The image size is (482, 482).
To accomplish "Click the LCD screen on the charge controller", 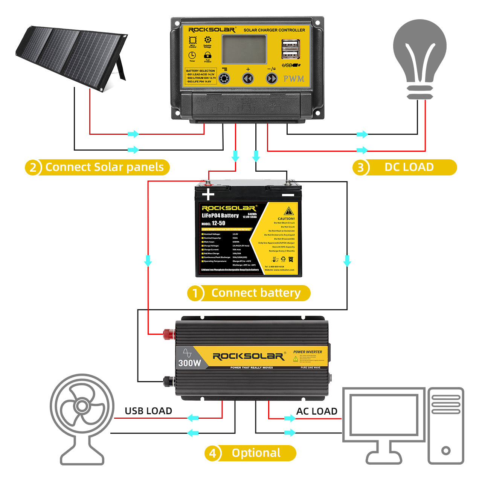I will [244, 49].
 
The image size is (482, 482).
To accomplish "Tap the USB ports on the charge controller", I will [291, 50].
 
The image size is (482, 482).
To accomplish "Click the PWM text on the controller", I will [294, 79].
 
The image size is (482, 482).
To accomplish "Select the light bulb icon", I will [419, 56].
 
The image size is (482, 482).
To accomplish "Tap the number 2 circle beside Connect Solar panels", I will [33, 167].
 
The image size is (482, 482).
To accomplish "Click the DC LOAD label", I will [409, 167].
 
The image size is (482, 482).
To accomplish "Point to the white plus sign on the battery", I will [208, 194].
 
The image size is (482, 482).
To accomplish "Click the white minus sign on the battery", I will [288, 195].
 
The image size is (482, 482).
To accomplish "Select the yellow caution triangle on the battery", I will [289, 211].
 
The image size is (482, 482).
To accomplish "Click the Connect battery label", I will [256, 293].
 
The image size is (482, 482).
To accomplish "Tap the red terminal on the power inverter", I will [168, 334].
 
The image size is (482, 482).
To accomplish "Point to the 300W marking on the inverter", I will [189, 363].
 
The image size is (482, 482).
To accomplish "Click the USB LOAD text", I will [148, 411].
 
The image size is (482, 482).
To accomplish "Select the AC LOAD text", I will [317, 411].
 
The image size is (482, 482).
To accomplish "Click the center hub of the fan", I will [82, 406].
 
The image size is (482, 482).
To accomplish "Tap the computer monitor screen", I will [384, 414].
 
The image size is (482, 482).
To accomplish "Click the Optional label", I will [256, 453].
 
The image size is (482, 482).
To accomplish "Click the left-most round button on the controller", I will [224, 79].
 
